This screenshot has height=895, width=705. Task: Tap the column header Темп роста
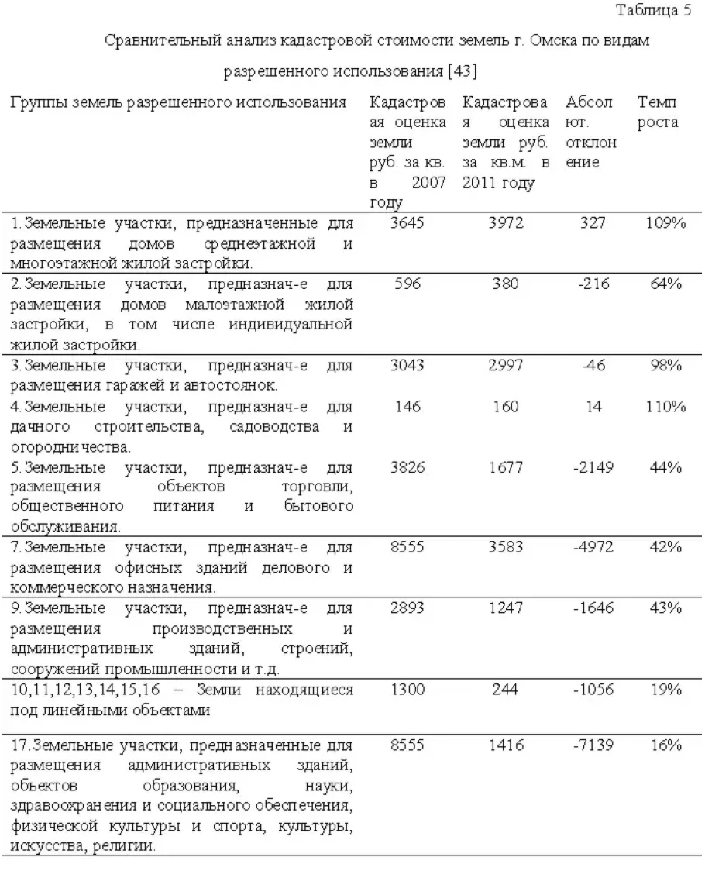coord(658,112)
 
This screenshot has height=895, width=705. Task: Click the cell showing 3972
coord(506,224)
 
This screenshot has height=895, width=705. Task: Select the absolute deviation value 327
coord(592,224)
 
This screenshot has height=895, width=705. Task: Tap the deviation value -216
coord(593,284)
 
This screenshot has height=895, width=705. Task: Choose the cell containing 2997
coord(506,365)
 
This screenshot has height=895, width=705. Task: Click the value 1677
coord(506,467)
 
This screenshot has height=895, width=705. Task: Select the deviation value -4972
coord(593,548)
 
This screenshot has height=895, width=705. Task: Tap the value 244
coord(506,689)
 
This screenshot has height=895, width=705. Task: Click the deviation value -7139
coord(593,745)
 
